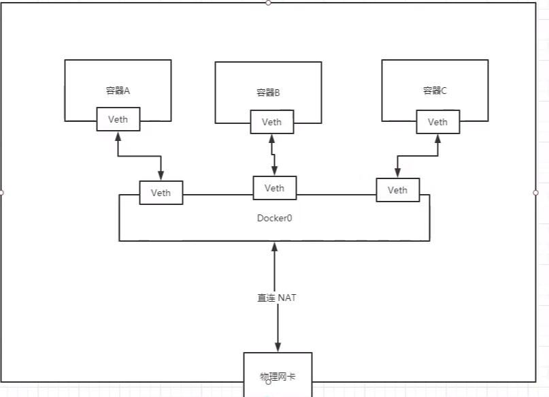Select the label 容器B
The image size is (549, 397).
tap(268, 93)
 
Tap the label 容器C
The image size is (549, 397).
tap(434, 90)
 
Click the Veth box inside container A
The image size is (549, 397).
tap(118, 119)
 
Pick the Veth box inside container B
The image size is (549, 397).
tap(271, 123)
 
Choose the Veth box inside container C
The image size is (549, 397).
tap(437, 122)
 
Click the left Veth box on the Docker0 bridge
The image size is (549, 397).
tap(161, 193)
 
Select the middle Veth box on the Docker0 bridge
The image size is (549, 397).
tap(274, 188)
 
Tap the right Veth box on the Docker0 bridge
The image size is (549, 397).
tap(398, 190)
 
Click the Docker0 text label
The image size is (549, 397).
tap(275, 218)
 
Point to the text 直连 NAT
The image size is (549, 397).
tap(276, 298)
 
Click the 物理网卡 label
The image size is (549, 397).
tap(278, 376)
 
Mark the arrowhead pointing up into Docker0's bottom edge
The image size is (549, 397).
tap(275, 246)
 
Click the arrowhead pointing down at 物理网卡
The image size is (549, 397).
tap(278, 347)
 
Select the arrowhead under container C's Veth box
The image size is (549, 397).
tap(438, 138)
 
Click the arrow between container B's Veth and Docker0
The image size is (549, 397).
tap(273, 155)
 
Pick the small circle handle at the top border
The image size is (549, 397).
tap(268, 3)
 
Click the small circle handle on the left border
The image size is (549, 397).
tap(2, 193)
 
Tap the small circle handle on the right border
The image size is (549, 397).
tap(535, 193)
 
